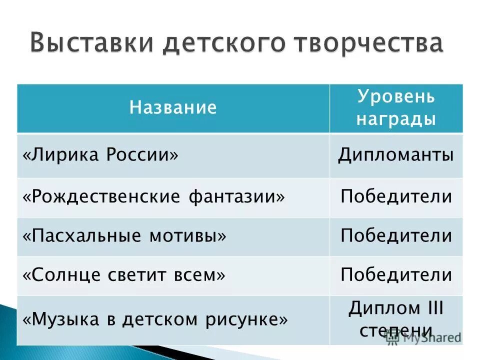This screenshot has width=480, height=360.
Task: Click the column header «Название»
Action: tap(173, 107)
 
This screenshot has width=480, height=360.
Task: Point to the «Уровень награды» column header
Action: tap(396, 108)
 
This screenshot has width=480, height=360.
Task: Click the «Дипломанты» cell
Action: tap(396, 155)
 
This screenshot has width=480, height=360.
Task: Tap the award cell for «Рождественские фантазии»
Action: tap(396, 196)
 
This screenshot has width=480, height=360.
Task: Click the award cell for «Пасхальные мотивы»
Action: tap(396, 235)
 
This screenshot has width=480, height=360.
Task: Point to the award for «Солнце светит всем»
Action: tap(396, 274)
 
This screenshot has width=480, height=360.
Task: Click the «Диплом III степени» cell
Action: tap(396, 319)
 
